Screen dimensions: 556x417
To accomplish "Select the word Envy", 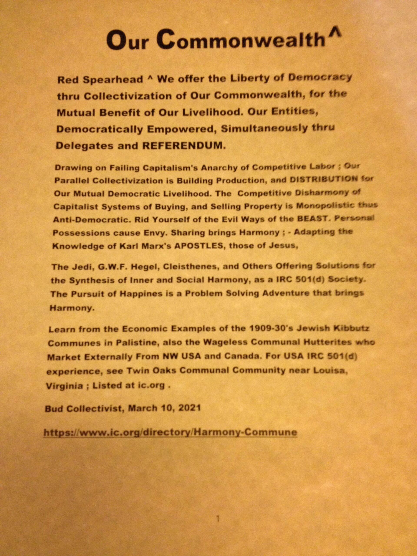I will click(155, 233).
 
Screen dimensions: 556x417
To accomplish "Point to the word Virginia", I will click(64, 386).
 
